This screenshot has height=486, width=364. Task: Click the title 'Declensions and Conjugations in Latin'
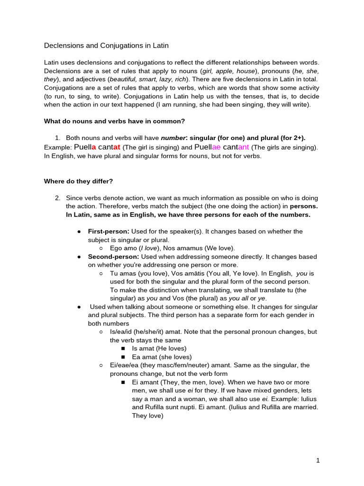pyautogui.click(x=106, y=46)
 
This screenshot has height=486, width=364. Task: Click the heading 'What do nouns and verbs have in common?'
pyautogui.click(x=114, y=121)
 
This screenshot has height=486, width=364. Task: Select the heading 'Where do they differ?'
pyautogui.click(x=78, y=181)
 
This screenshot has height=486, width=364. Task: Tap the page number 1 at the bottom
pyautogui.click(x=318, y=460)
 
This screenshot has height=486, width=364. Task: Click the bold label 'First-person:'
pyautogui.click(x=109, y=231)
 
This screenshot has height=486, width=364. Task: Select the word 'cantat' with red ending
pyautogui.click(x=109, y=147)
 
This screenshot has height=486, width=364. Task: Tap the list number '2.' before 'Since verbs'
pyautogui.click(x=58, y=197)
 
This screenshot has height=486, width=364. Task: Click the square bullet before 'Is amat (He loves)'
pyautogui.click(x=123, y=348)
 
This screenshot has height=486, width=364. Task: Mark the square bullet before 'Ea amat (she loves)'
pyautogui.click(x=123, y=357)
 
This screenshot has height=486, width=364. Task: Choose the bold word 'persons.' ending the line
pyautogui.click(x=304, y=206)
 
